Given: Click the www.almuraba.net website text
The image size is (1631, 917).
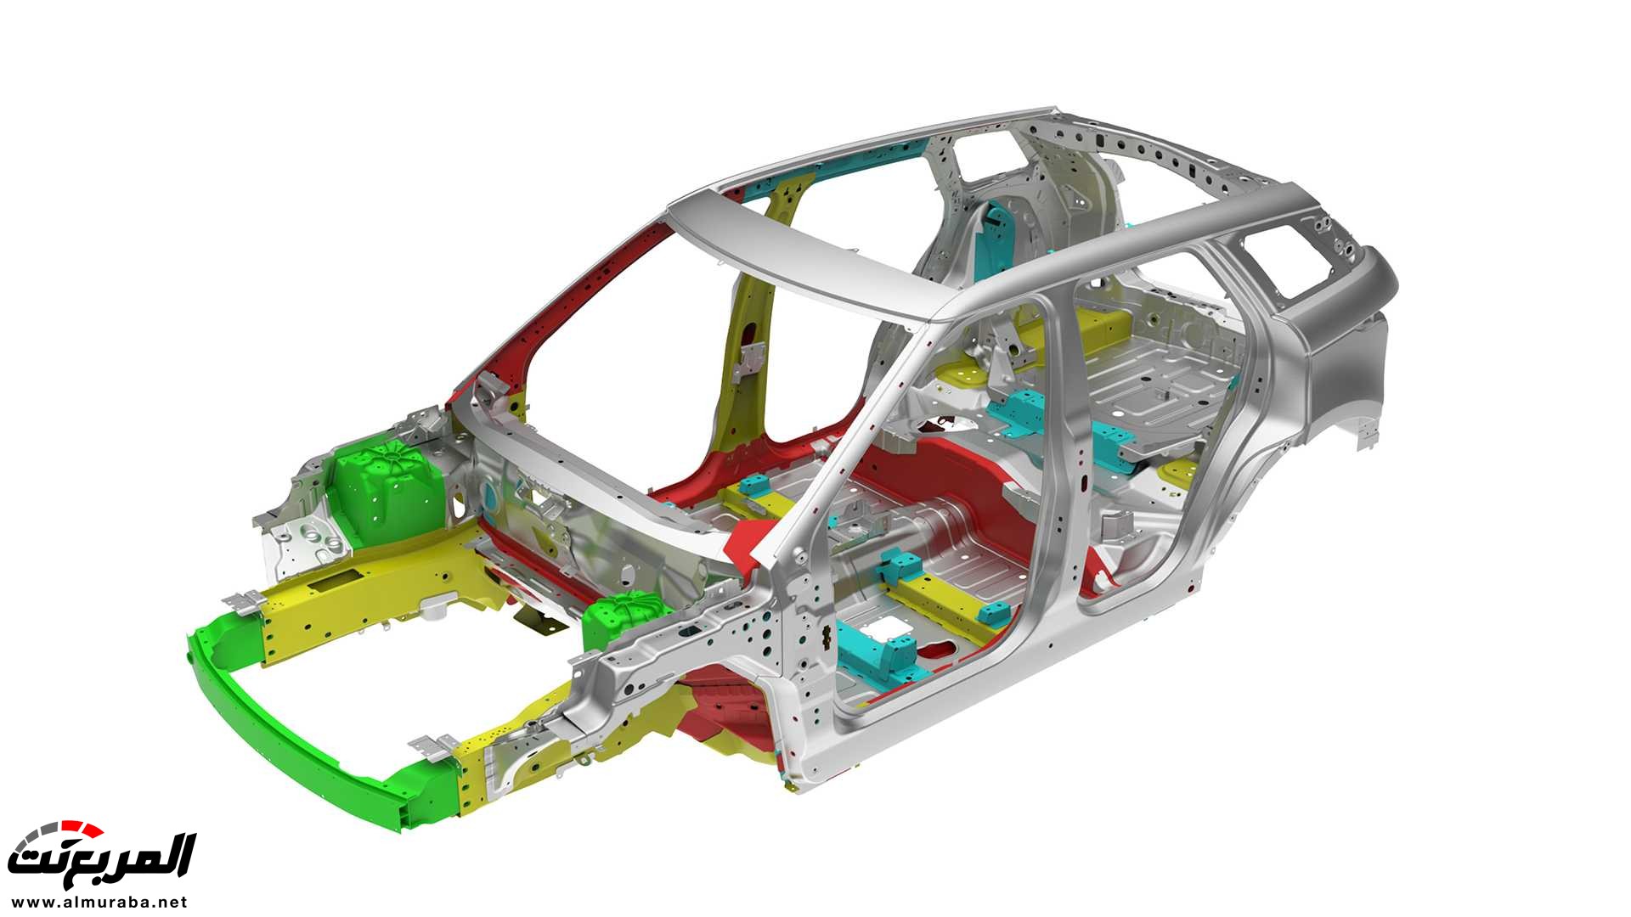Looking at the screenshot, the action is (99, 902).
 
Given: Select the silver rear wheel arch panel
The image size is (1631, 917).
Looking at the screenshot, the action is (1342, 374).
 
